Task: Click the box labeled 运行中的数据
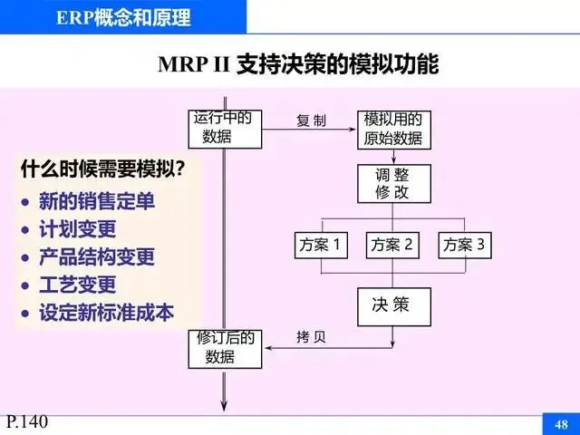[x=225, y=128]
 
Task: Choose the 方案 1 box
[x=321, y=244]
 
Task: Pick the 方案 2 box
[x=392, y=244]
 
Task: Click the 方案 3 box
[x=464, y=244]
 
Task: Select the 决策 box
[x=391, y=305]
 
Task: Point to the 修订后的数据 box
[x=226, y=347]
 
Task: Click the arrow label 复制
[x=311, y=121]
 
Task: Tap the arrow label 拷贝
[x=311, y=338]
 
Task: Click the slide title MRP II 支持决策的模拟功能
[x=298, y=65]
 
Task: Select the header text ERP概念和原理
[x=122, y=17]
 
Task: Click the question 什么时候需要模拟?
[x=103, y=169]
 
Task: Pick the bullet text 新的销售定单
[x=96, y=201]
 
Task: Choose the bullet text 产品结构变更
[x=96, y=257]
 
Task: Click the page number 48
[x=560, y=424]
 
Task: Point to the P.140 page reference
[x=26, y=421]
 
